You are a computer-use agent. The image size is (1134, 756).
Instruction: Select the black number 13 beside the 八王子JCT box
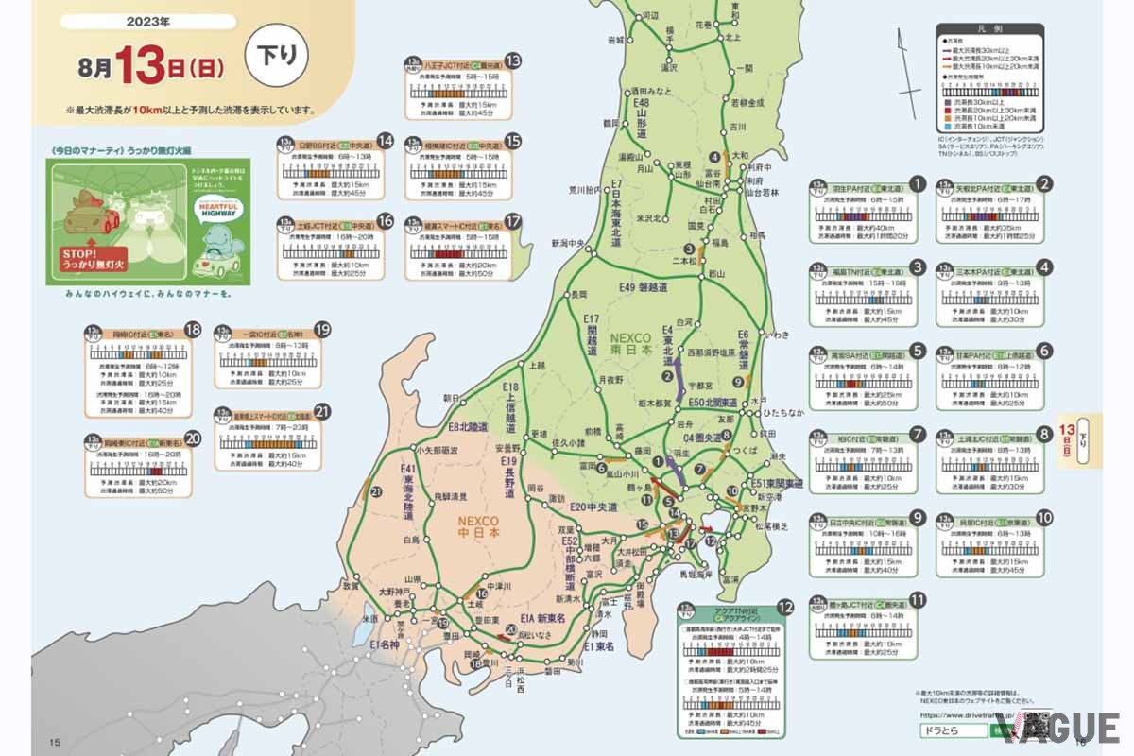(513, 60)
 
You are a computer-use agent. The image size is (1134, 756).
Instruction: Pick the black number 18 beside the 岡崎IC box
(194, 329)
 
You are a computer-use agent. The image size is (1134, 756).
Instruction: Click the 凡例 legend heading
(989, 31)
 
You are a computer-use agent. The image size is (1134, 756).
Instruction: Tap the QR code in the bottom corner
(1039, 726)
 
